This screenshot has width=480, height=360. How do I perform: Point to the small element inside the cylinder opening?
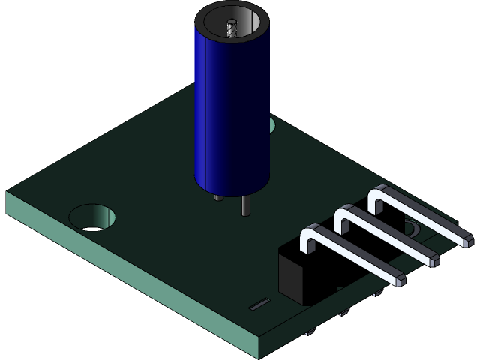tap(232, 28)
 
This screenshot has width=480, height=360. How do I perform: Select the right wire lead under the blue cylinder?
tap(244, 205)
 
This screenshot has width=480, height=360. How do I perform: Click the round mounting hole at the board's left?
tap(93, 217)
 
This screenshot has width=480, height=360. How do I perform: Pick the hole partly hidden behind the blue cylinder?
tap(271, 125)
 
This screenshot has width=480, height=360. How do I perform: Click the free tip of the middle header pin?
tap(433, 261)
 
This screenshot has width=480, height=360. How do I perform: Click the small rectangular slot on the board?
tap(259, 304)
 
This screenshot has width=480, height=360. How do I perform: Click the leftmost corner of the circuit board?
tap(7, 193)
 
